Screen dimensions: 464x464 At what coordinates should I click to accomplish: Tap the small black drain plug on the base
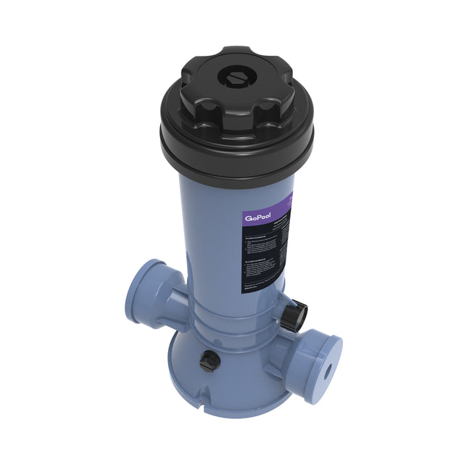point(209,359)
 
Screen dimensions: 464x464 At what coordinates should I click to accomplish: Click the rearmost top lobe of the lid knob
point(236,52)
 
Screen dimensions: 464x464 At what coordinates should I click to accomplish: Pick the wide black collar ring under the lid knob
point(237,149)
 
